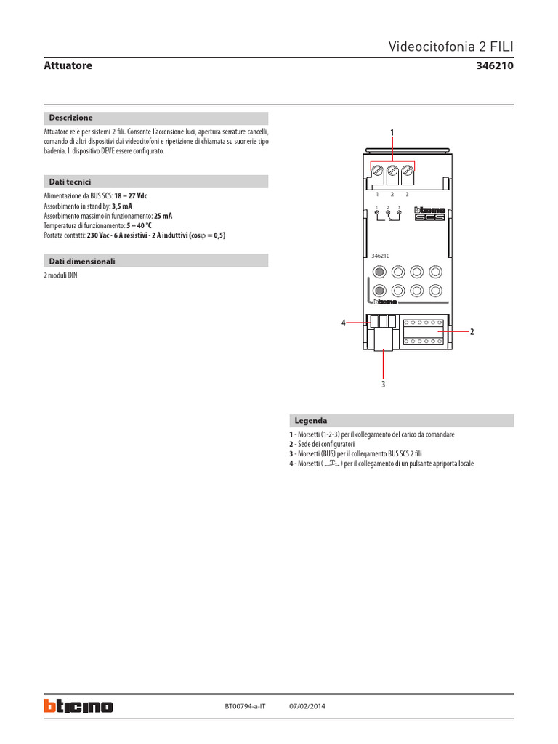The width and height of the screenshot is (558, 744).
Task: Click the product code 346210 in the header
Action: point(494,66)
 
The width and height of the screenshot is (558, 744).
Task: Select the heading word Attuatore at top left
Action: point(68,66)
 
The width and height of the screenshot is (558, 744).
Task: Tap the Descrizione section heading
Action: point(70,118)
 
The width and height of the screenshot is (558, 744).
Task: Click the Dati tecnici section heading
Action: point(70,182)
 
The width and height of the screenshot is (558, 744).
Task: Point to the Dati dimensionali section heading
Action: point(82,261)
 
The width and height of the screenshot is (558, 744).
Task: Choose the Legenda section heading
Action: point(310,421)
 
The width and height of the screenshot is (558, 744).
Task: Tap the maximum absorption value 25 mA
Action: point(163,216)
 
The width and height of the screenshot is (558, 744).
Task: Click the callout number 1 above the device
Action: point(392,132)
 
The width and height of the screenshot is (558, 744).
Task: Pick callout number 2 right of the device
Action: point(472,332)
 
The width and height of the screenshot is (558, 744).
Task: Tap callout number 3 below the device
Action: point(383,384)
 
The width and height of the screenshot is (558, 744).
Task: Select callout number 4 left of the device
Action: point(344,323)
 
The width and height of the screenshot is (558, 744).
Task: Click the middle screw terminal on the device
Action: point(392,173)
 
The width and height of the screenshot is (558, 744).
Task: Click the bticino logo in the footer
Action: point(78,705)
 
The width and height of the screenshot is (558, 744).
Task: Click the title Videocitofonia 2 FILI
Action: point(451,46)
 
